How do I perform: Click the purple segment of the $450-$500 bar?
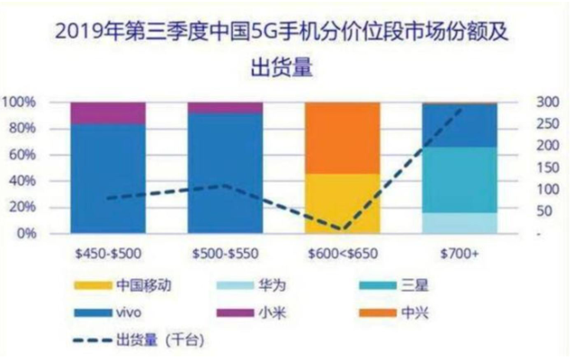[108, 112]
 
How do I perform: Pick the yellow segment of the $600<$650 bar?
[342, 202]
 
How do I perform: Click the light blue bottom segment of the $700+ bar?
[459, 222]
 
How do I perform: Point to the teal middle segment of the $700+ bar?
[459, 179]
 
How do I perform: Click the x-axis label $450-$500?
[108, 254]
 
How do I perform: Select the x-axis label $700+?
[460, 254]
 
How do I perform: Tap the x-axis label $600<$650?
[342, 254]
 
